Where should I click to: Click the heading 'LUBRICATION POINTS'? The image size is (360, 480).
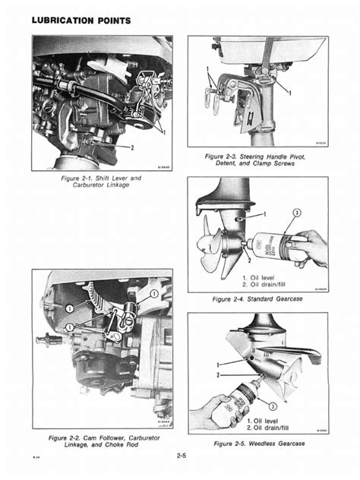[76, 17]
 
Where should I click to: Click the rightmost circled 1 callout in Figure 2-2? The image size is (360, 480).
[154, 293]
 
